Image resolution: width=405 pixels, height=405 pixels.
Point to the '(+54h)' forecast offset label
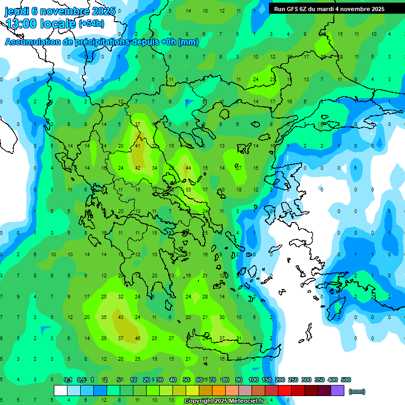pos(91,24)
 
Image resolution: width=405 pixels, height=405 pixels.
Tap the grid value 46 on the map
pos(138,338)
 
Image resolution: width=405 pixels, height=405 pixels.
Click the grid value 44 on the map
pos(188,168)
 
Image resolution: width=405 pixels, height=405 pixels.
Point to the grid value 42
pos(138,168)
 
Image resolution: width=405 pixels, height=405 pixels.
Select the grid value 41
pos(138,146)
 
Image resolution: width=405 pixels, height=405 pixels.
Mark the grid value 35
pos(104,317)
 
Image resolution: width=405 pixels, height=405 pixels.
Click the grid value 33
pos(188,189)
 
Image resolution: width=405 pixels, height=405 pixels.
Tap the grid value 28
pos(205,296)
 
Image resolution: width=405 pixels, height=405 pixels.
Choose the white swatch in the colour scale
pos(61,391)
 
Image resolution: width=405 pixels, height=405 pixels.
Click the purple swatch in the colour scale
pos(338,391)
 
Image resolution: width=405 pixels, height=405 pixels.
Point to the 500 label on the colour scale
pos(345,380)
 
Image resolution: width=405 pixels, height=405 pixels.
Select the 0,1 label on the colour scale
pos(68,380)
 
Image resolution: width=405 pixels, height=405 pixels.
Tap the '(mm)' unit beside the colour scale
pos(357,391)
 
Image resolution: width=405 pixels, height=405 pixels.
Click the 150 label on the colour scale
pos(266,380)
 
